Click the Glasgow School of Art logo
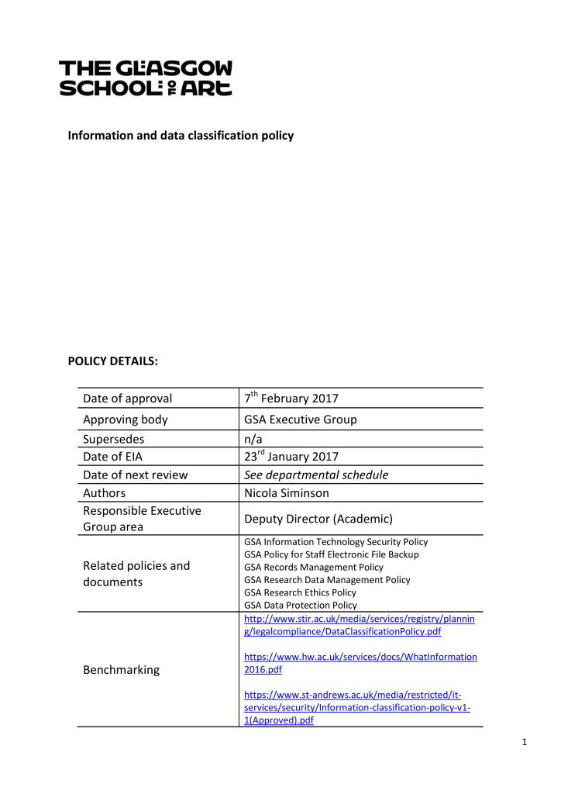pos(146,78)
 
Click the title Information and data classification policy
pos(181,136)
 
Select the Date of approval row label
pos(127,399)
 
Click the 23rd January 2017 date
pos(288,456)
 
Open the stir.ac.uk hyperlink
pos(359,625)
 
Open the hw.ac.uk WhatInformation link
pos(360,663)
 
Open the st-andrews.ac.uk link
pos(359,707)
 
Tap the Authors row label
pos(105,492)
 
